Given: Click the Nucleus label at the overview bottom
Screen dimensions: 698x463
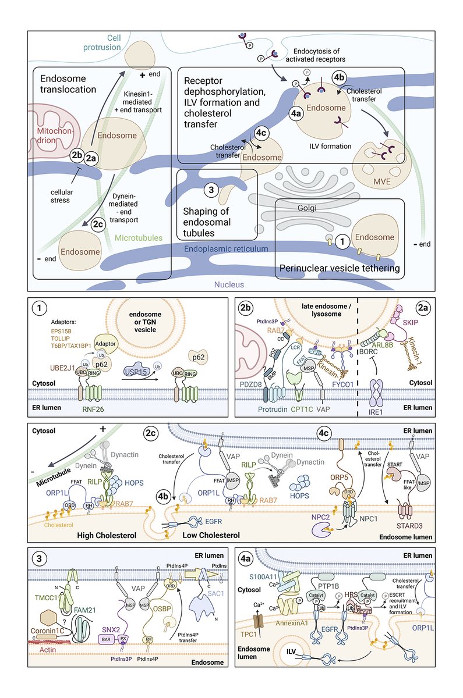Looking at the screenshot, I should [228, 284].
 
